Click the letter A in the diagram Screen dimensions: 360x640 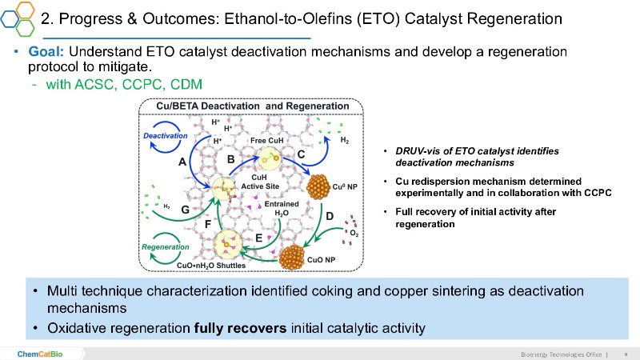pos(182,162)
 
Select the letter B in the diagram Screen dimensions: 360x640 pos(231,158)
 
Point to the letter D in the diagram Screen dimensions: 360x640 pos(328,216)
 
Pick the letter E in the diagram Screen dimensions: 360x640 pos(258,237)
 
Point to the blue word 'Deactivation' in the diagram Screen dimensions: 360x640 pos(165,136)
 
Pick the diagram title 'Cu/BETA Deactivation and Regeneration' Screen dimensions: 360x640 pos(251,106)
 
